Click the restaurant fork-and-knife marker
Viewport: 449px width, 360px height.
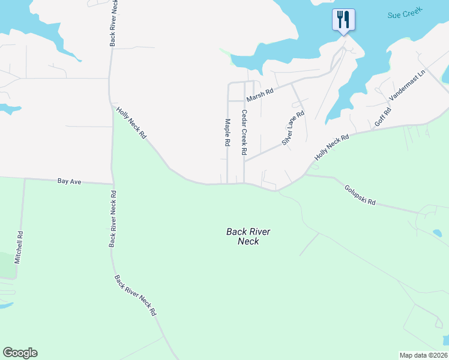point(343,20)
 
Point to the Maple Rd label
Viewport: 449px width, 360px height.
point(228,133)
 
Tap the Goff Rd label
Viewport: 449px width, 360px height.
point(383,116)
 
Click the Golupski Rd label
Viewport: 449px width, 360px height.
point(360,194)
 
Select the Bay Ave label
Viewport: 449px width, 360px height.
point(70,179)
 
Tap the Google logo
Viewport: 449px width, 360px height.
point(20,352)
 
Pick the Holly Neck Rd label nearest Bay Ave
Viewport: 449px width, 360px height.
point(131,123)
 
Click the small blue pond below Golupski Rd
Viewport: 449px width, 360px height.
point(437,233)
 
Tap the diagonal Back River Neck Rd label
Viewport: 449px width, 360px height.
point(136,295)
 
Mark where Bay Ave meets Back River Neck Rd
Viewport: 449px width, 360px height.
point(113,184)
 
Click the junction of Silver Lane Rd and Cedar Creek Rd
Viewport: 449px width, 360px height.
point(244,161)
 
